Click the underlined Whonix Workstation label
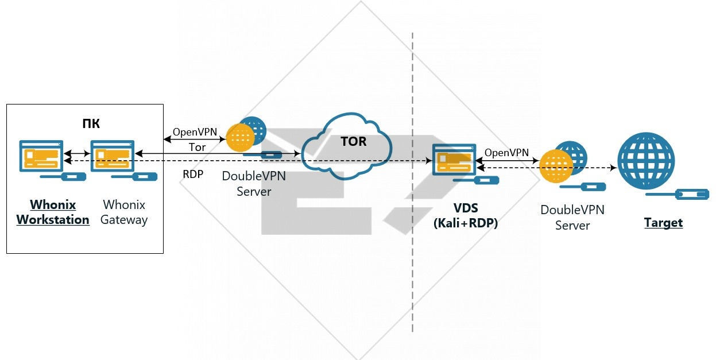[53, 212]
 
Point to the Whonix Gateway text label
[124, 212]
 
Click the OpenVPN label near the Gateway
[195, 132]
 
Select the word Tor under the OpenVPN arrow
[197, 148]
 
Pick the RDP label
[193, 174]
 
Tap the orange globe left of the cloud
[240, 138]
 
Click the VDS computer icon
[454, 159]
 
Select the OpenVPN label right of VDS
[506, 153]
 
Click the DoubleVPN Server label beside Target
[572, 218]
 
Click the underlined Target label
[663, 223]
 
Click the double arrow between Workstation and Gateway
[76, 154]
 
